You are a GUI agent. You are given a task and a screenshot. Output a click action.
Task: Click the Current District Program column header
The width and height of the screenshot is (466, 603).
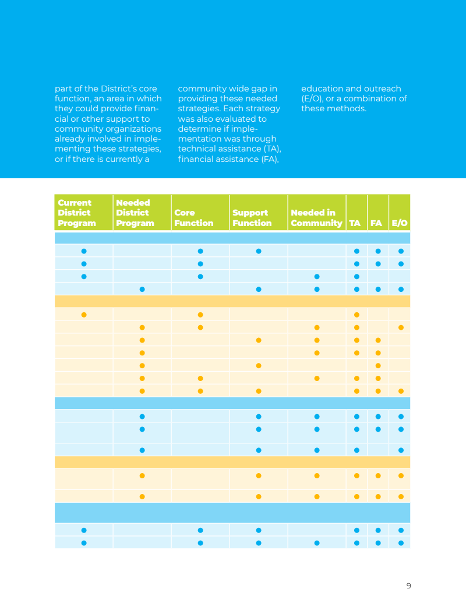coord(77,213)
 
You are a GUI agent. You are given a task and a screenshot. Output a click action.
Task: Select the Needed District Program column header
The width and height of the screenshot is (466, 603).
coord(135,213)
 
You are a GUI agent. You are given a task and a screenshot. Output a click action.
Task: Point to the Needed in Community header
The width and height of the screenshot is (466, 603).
coord(316,218)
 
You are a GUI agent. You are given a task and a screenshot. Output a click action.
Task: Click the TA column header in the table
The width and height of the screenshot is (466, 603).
coord(355,223)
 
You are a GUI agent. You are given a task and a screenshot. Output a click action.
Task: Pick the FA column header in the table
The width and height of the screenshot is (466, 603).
coord(376,223)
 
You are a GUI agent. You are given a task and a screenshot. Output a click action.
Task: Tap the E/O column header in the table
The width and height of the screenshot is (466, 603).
coord(400,223)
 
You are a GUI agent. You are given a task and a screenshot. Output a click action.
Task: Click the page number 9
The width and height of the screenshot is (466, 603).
coord(408,586)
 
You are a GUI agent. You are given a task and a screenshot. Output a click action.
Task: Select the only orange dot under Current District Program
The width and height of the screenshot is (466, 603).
coord(84,315)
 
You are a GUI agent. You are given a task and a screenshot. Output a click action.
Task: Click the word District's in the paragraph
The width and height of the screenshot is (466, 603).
coord(119,89)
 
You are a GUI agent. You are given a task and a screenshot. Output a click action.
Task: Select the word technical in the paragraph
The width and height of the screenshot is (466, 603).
coord(196,149)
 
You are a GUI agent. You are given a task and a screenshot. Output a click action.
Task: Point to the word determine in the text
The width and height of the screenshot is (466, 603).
coord(197,129)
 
